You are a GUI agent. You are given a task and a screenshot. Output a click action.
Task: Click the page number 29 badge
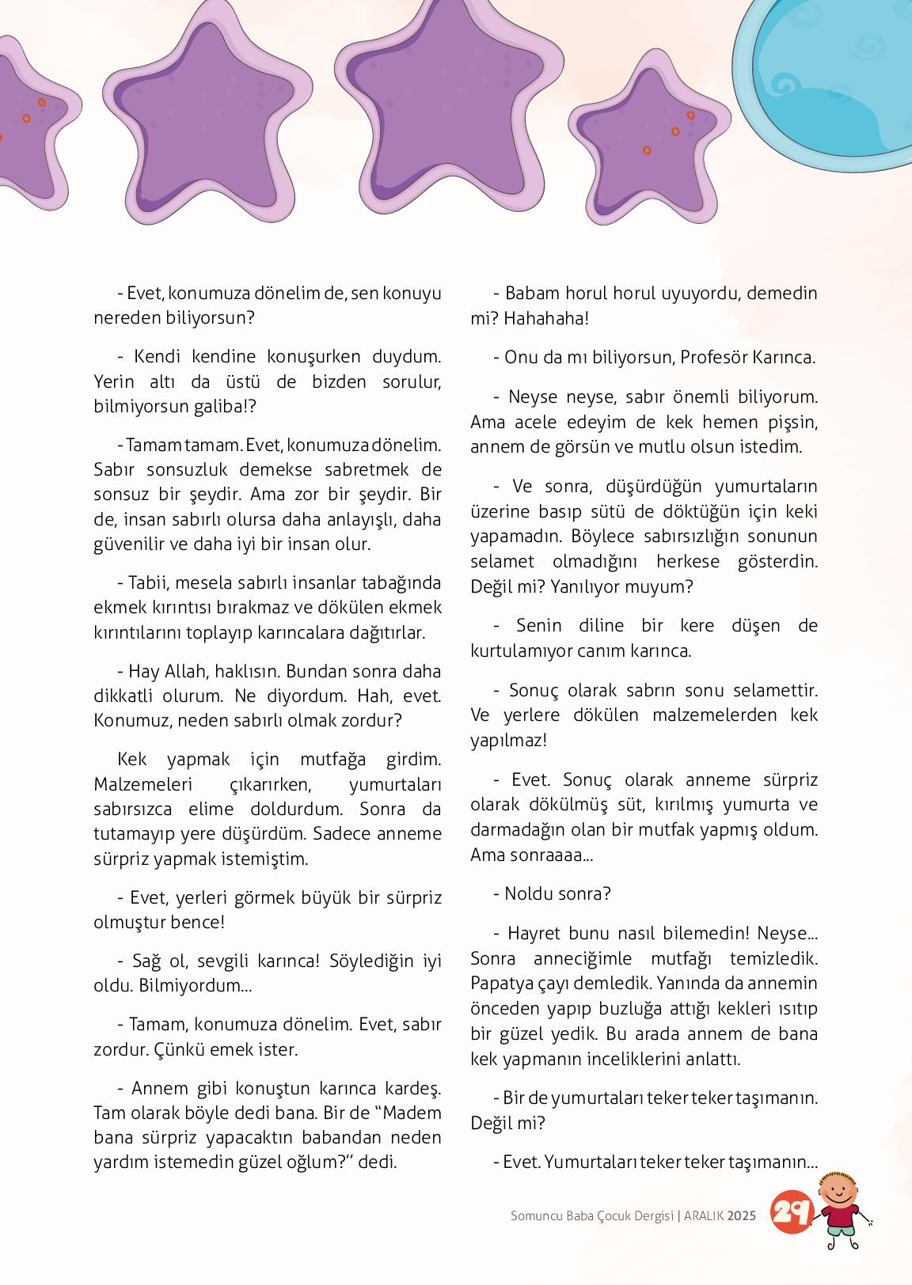pos(792,1211)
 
